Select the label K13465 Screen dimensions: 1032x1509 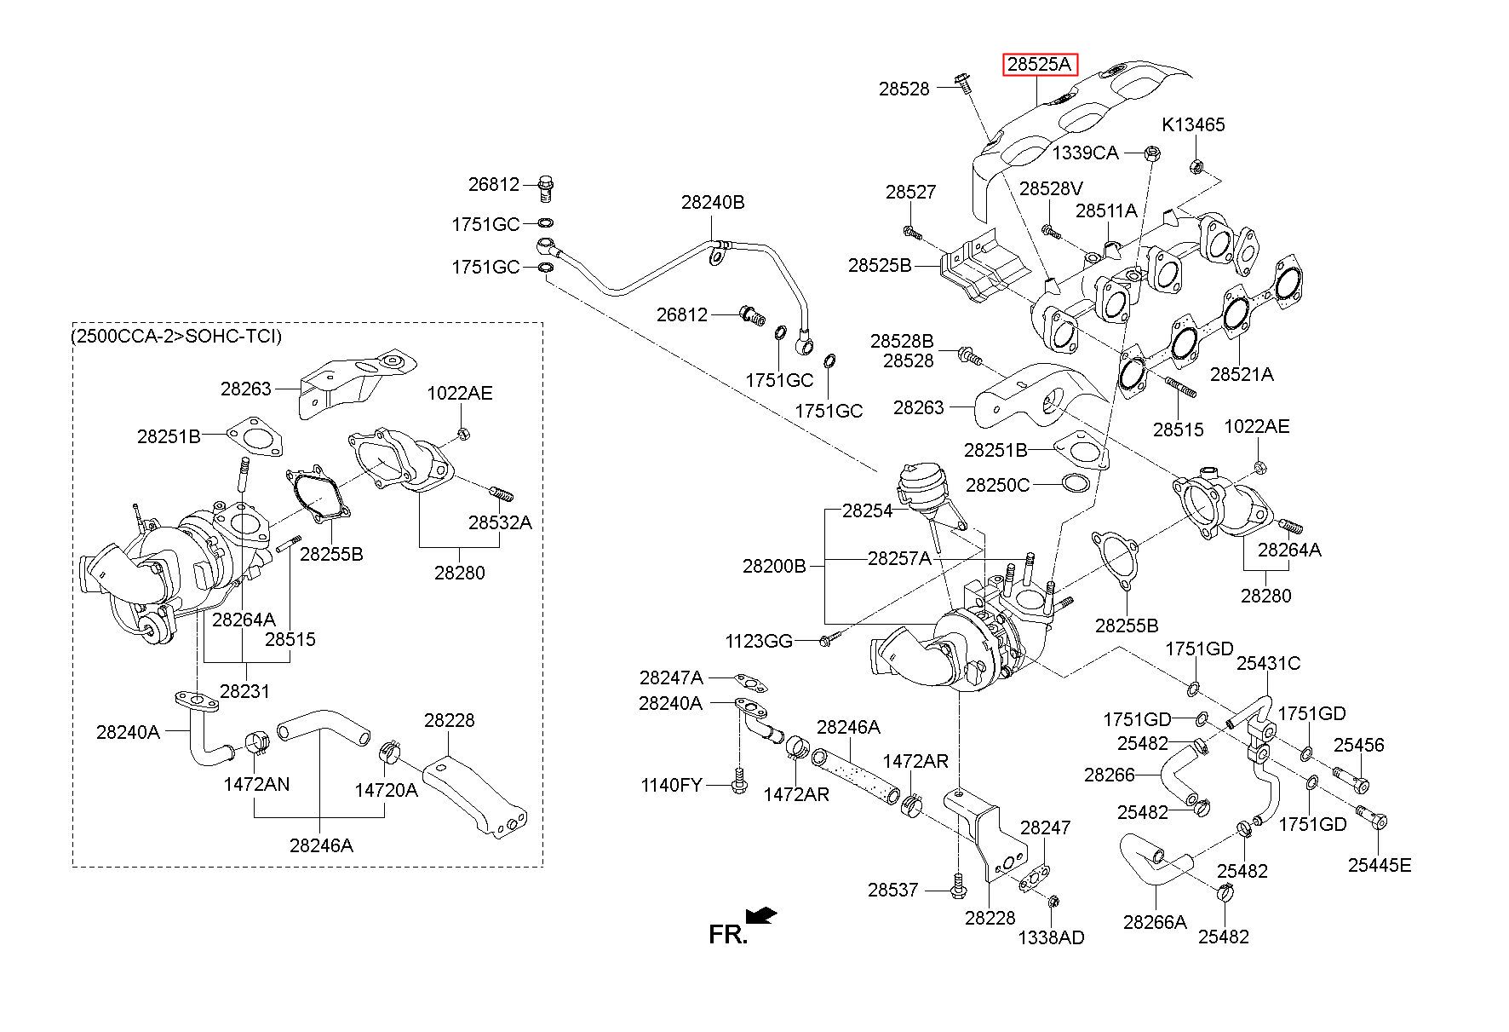pos(1193,125)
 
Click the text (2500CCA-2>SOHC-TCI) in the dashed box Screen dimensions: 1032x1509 pos(176,336)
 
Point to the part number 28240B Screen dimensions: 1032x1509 pos(713,203)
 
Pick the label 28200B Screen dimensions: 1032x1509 pos(774,565)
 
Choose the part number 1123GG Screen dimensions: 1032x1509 pos(759,641)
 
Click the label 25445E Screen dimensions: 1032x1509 pos(1380,865)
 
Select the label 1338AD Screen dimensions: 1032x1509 pos(1052,937)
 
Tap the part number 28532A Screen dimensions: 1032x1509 pos(500,522)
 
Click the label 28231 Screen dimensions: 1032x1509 pos(244,691)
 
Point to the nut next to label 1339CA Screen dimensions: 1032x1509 pos(1155,153)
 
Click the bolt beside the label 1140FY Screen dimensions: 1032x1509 pos(738,781)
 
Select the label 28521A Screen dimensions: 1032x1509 pos(1242,374)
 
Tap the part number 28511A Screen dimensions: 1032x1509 pos(1106,210)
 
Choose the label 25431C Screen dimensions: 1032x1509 pos(1269,663)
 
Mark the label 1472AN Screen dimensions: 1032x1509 pos(256,784)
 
